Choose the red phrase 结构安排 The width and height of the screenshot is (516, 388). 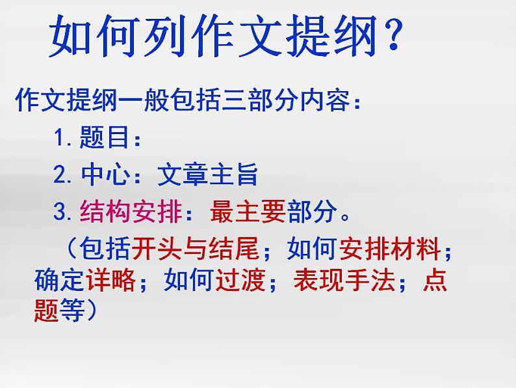(130, 212)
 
